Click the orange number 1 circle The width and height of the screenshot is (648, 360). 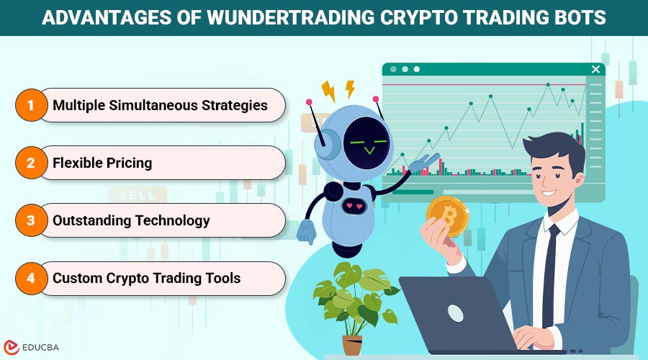30,105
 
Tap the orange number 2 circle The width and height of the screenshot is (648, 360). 30,163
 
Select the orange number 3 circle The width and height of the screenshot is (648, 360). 30,220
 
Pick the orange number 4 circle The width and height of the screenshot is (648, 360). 30,278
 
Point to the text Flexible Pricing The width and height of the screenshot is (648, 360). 102,163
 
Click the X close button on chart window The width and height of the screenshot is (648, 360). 595,69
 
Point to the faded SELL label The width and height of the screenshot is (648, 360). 137,195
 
